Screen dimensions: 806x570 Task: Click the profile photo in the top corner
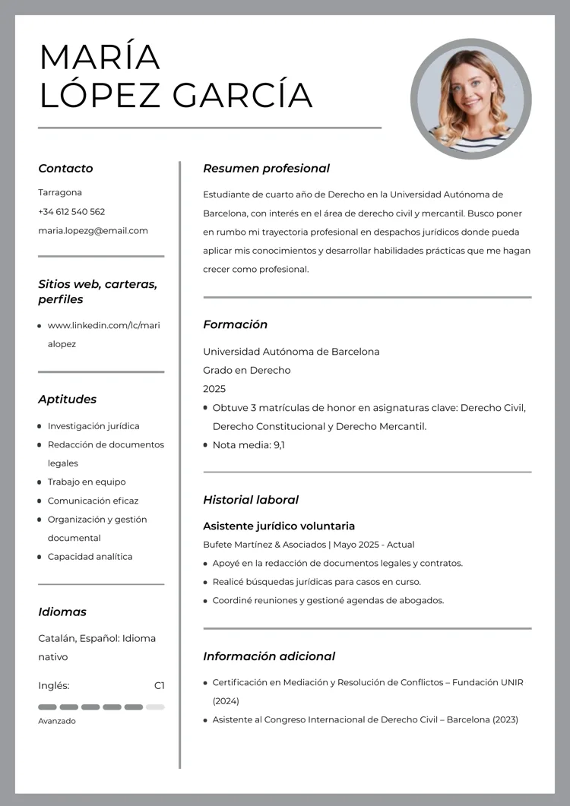click(470, 99)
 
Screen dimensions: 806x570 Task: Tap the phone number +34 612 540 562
click(71, 212)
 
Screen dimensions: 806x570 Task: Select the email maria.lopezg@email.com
click(93, 231)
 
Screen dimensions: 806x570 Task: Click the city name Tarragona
click(60, 193)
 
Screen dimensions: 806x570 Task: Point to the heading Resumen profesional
click(266, 169)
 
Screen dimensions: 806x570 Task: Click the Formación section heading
click(235, 324)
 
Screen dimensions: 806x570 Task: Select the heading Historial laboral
click(250, 500)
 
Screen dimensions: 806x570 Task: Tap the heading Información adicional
click(268, 656)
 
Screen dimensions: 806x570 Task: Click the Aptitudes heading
click(67, 400)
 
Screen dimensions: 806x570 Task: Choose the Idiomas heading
click(62, 612)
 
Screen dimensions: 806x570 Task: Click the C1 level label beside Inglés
click(159, 686)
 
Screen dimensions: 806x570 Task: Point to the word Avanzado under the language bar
click(57, 721)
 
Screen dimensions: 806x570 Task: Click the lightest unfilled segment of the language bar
click(155, 707)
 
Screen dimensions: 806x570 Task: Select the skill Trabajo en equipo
click(87, 482)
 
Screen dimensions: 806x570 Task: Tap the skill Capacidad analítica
click(90, 557)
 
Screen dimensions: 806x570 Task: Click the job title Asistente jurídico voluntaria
click(279, 526)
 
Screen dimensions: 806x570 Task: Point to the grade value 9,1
click(279, 445)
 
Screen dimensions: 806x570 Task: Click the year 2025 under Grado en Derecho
click(214, 389)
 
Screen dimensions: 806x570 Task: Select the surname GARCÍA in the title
click(242, 96)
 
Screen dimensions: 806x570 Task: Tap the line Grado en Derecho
click(246, 371)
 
